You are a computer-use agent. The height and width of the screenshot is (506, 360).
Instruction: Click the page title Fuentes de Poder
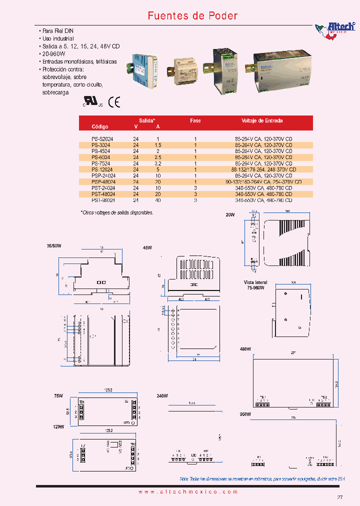(x=192, y=16)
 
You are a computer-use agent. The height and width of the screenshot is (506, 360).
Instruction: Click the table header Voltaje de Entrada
(x=262, y=120)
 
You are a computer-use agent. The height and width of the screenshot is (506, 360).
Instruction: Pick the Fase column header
(x=195, y=120)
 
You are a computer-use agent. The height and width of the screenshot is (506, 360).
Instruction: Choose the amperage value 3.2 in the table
(x=158, y=163)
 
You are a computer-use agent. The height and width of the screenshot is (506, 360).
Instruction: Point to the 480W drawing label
(x=245, y=349)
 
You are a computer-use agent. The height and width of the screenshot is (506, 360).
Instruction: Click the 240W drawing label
(x=162, y=395)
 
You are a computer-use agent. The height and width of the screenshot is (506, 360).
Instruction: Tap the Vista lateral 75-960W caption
(x=255, y=285)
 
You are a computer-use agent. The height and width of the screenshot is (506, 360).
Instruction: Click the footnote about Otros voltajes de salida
(x=117, y=212)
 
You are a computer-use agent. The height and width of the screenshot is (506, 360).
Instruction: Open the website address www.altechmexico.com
(x=187, y=492)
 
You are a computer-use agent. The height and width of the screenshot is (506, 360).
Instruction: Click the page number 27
(x=339, y=497)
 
